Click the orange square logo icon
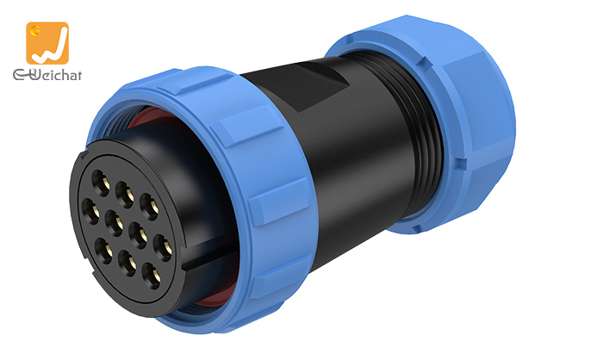coord(47,43)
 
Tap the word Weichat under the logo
coord(47,74)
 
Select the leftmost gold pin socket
coord(90,211)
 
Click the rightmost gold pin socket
coord(164,248)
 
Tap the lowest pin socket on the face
coord(152,276)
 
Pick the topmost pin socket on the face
coord(101,183)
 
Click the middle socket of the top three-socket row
coord(125,195)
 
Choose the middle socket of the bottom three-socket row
coord(128,263)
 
